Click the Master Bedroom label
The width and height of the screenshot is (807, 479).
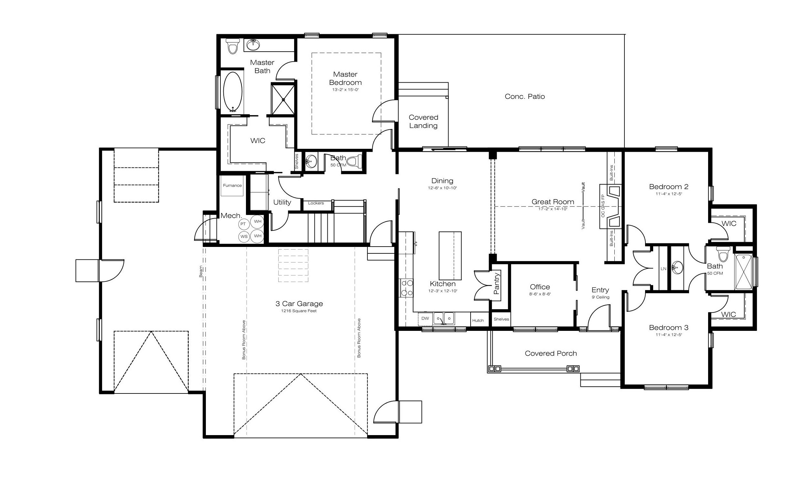pos(345,78)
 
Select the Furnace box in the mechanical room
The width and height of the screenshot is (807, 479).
pos(232,186)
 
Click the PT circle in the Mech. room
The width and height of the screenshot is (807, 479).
pos(243,224)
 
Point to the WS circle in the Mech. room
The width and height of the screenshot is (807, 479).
pos(244,237)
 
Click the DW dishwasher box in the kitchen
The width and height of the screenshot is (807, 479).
pos(425,318)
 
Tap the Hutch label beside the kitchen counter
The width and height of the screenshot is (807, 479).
pos(478,321)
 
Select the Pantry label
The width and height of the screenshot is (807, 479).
pos(497,284)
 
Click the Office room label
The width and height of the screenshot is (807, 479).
pos(540,287)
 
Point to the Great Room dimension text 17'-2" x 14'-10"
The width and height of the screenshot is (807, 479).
pos(553,209)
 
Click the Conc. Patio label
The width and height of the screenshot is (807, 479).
pos(525,96)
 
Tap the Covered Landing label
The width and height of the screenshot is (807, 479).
pos(423,121)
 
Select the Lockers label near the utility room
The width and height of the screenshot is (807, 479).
pos(316,203)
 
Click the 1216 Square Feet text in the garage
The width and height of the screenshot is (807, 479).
pos(299,311)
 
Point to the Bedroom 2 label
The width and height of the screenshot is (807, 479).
pos(669,187)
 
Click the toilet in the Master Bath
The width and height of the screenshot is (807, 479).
pos(232,46)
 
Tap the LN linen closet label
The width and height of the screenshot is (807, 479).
pos(664,269)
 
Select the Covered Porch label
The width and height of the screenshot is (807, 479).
pos(551,353)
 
